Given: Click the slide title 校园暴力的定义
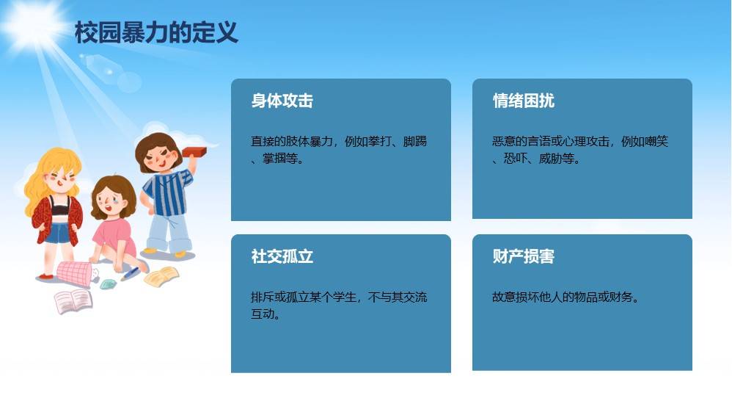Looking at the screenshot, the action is coord(156,33).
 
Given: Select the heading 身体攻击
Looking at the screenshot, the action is coord(282,101).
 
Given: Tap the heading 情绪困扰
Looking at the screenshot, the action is coord(523,101).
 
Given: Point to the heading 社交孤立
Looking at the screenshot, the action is coord(282,256).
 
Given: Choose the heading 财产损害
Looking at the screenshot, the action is coord(523,256).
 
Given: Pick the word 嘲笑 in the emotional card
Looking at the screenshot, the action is coord(656,141).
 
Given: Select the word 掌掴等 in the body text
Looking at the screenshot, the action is coord(280,159).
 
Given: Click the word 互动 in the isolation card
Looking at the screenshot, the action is coord(263,314).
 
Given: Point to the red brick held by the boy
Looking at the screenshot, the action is coord(194,152).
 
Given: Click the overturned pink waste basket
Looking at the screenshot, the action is coord(75,273).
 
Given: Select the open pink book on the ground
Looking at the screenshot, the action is coord(73,301).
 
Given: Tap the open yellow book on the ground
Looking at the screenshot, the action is coord(161,277).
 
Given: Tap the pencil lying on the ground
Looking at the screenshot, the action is coord(130,274).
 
